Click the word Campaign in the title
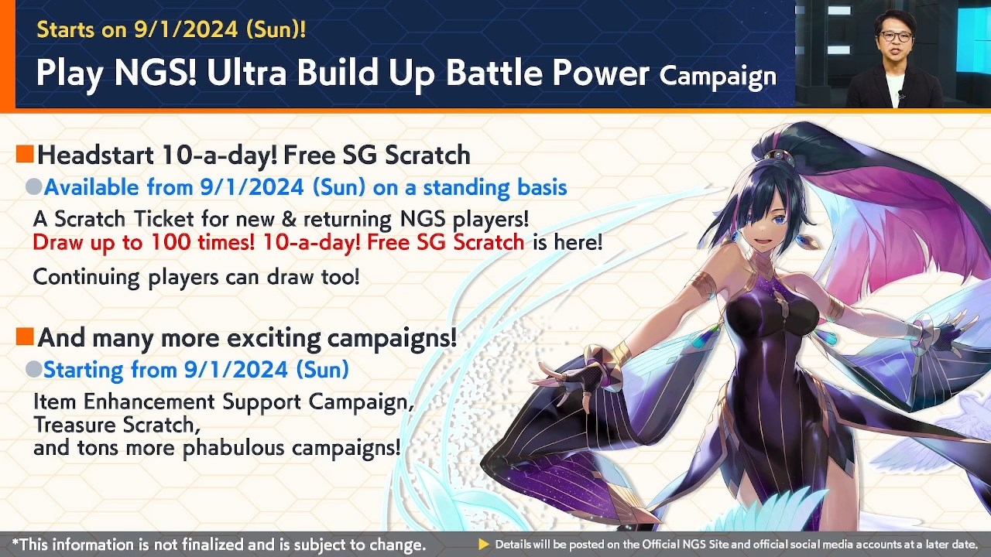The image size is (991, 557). point(718,76)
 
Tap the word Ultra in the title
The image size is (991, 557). point(236,73)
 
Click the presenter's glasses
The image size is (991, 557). point(895,36)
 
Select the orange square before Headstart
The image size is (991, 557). point(25,155)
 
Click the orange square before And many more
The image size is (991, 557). point(25,337)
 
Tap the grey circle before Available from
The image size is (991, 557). point(33,187)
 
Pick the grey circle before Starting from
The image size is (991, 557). point(33,370)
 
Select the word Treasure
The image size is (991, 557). point(76,425)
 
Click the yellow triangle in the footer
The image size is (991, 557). point(484,545)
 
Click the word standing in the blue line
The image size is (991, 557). point(467,187)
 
